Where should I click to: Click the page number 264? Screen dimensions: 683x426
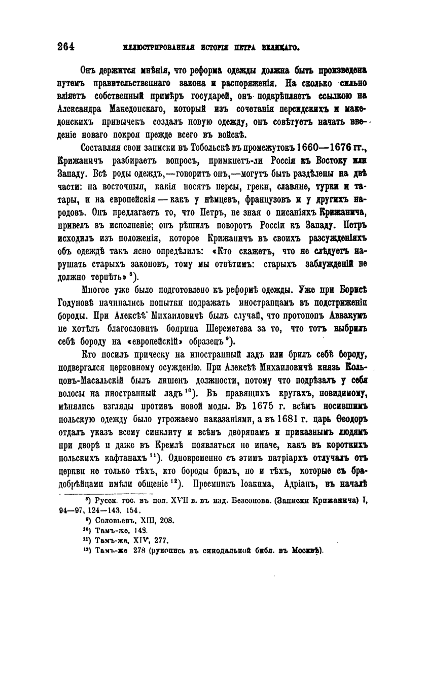point(66,47)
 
